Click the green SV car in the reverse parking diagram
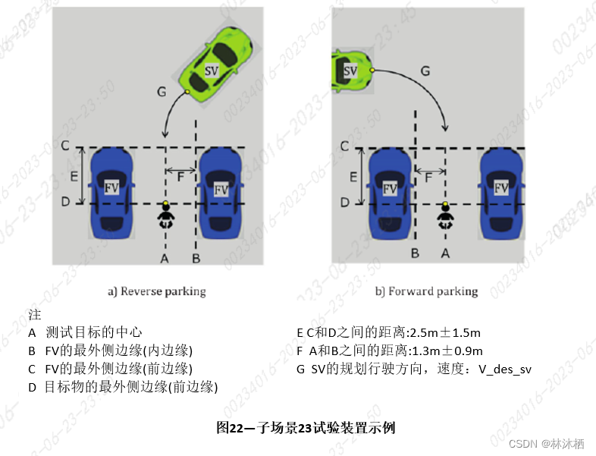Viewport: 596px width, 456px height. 215,67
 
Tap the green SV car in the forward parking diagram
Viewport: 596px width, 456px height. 351,71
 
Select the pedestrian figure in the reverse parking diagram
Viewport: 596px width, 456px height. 165,216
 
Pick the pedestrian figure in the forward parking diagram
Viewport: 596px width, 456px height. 445,216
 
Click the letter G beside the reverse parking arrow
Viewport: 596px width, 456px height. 162,91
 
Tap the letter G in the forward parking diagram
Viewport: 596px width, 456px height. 425,71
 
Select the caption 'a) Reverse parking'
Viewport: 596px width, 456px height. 157,291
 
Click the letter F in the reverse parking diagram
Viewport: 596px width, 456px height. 180,178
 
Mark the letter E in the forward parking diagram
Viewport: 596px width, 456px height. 353,177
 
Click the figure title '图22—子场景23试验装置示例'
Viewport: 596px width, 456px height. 306,428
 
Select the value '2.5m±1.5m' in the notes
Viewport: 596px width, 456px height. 444,332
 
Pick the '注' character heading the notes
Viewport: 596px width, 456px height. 34,314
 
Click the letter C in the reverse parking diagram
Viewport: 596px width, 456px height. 65,145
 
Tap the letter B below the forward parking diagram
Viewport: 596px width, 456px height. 415,253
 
